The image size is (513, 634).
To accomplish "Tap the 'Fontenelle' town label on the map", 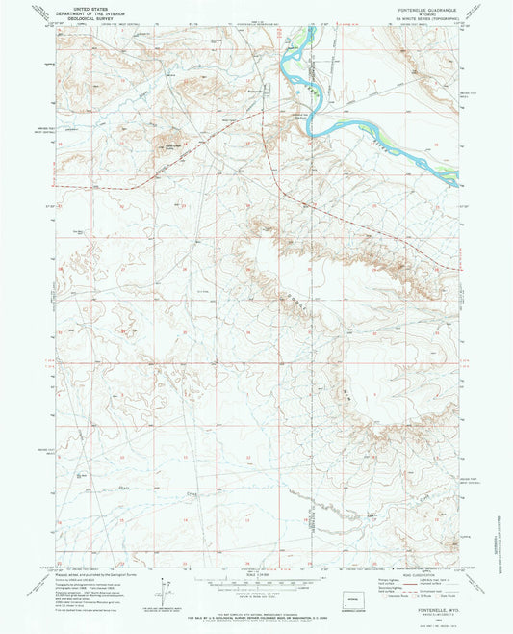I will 253,90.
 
